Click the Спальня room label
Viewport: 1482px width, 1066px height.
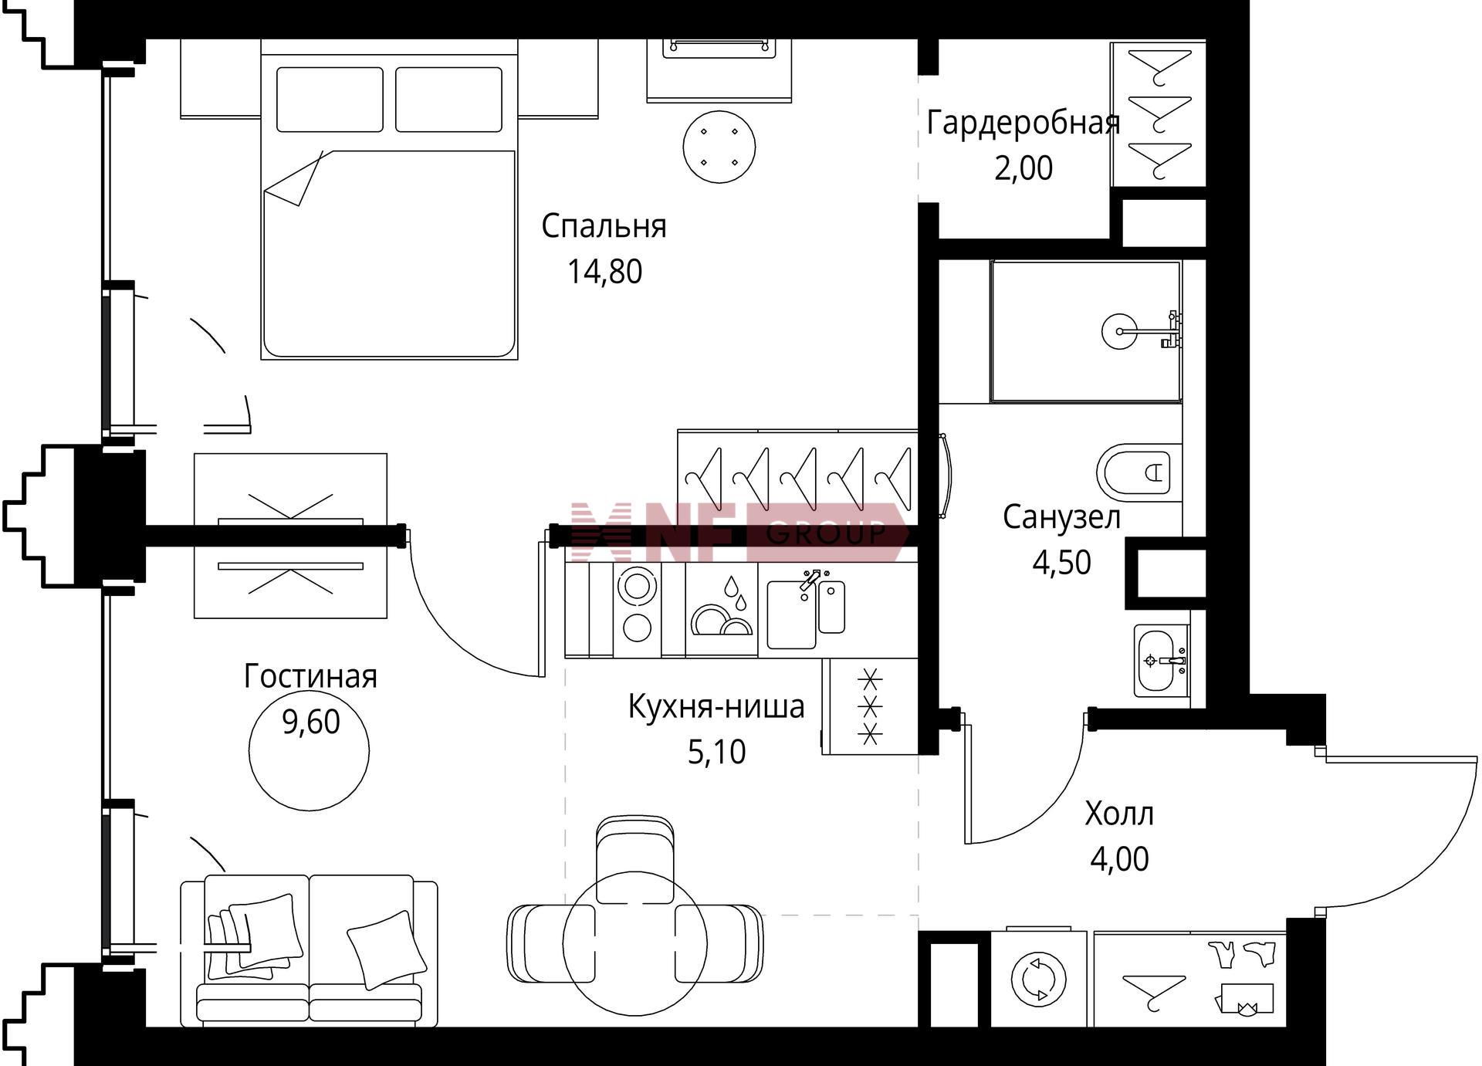point(604,226)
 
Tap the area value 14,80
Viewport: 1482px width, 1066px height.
point(604,272)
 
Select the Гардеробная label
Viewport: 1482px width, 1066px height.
point(1023,124)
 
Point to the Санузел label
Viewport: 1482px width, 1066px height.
point(1061,517)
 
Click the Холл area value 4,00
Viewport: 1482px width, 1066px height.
point(1119,858)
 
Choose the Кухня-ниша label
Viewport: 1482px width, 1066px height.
point(716,706)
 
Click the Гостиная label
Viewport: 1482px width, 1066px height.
point(310,676)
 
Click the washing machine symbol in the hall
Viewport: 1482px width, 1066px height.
point(1038,979)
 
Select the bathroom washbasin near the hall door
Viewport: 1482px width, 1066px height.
point(1161,661)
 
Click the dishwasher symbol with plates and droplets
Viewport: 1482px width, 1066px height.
point(722,609)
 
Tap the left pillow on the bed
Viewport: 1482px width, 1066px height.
point(330,100)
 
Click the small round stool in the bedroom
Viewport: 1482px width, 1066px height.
point(719,147)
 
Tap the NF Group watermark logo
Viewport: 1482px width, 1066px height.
point(737,533)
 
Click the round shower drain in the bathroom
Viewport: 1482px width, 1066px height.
point(1118,331)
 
